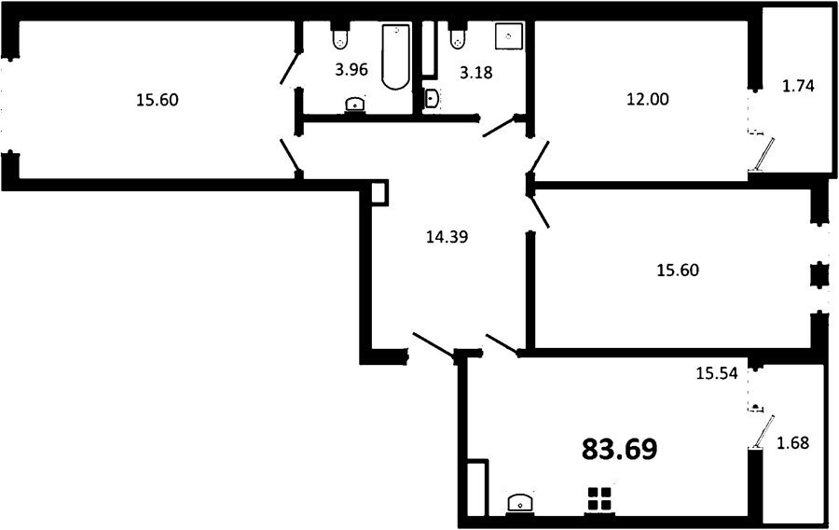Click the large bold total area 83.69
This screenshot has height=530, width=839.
pyautogui.click(x=619, y=449)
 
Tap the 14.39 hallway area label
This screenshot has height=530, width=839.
pyautogui.click(x=447, y=236)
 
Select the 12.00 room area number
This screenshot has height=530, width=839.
pyautogui.click(x=648, y=99)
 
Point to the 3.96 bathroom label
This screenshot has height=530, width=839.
pyautogui.click(x=351, y=69)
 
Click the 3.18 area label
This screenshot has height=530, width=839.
pyautogui.click(x=476, y=72)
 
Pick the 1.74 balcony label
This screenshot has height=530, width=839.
pyautogui.click(x=798, y=86)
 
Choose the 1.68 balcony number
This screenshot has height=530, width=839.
pyautogui.click(x=792, y=442)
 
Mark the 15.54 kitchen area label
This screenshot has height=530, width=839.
pyautogui.click(x=717, y=372)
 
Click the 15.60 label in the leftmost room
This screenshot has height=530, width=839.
pyautogui.click(x=158, y=100)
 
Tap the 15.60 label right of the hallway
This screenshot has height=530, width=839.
pyautogui.click(x=678, y=270)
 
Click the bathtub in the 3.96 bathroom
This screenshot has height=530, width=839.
pyautogui.click(x=396, y=56)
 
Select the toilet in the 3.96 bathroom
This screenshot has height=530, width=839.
pyautogui.click(x=340, y=35)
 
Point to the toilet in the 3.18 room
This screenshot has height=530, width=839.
pyautogui.click(x=458, y=35)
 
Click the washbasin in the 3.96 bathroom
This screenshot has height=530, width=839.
pyautogui.click(x=356, y=104)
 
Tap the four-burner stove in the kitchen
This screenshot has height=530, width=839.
pyautogui.click(x=599, y=499)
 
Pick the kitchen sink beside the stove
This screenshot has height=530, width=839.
pyautogui.click(x=519, y=504)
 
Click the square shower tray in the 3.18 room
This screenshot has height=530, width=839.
pyautogui.click(x=509, y=36)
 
